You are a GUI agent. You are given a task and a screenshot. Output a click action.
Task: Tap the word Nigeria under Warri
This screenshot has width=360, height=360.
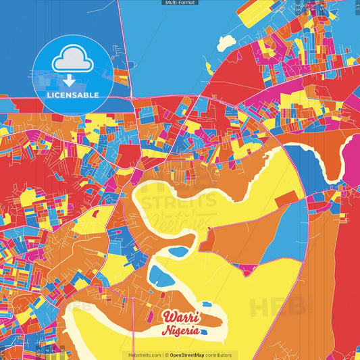pos(180,331)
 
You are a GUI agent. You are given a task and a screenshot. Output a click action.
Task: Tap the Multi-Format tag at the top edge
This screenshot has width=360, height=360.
pos(180,3)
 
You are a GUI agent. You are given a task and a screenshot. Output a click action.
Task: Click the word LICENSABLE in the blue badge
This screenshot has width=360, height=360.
pos(72,95)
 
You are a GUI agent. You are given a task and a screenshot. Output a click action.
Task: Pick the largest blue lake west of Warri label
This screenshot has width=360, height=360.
pos(160,276)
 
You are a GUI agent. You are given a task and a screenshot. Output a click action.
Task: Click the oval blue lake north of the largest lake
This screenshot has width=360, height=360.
pos(178,252)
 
